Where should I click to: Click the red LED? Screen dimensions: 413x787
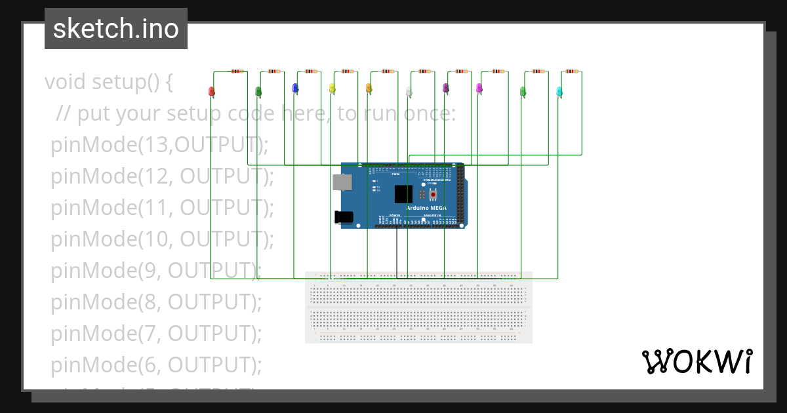pos(211,91)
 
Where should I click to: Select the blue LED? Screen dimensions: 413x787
pos(295,88)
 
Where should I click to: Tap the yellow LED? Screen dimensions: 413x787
pos(332,88)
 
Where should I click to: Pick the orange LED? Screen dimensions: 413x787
pos(369,88)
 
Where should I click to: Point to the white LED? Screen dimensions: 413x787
pos(409,91)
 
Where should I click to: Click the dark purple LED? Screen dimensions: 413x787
pos(445,88)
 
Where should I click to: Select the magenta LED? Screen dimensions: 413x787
pos(479,88)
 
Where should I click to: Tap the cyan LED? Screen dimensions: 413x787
pos(559,91)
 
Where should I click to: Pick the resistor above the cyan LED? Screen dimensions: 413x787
pos(573,71)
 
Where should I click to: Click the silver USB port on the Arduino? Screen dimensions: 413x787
pos(341,183)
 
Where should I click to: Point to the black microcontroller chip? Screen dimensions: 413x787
pos(403,194)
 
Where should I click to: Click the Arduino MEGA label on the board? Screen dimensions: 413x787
pos(426,207)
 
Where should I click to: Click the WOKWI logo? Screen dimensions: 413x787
pos(696,362)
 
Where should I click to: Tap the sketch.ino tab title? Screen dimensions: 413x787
pos(116,29)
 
